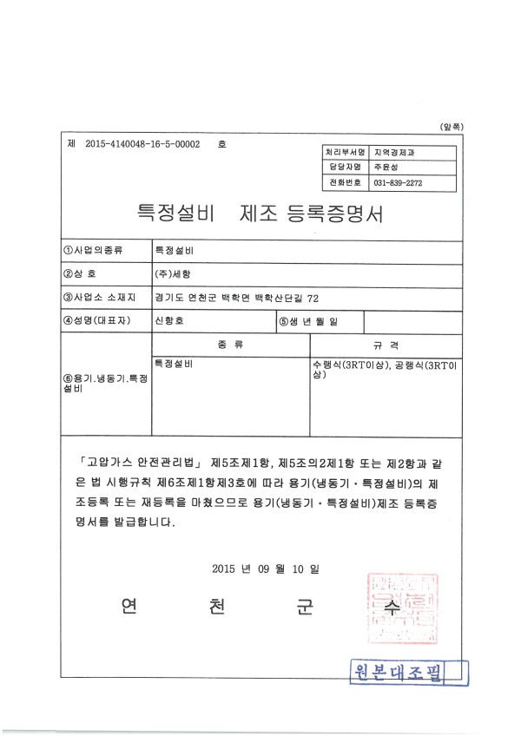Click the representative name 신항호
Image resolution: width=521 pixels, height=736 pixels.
(x=168, y=321)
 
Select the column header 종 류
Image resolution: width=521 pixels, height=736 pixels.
(x=230, y=345)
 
